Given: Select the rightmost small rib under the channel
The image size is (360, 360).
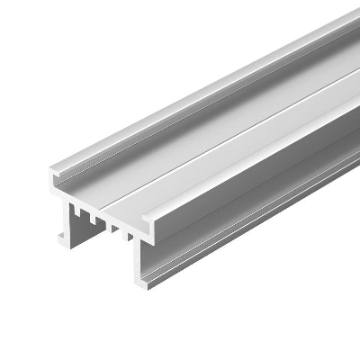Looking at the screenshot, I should click(x=126, y=236).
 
